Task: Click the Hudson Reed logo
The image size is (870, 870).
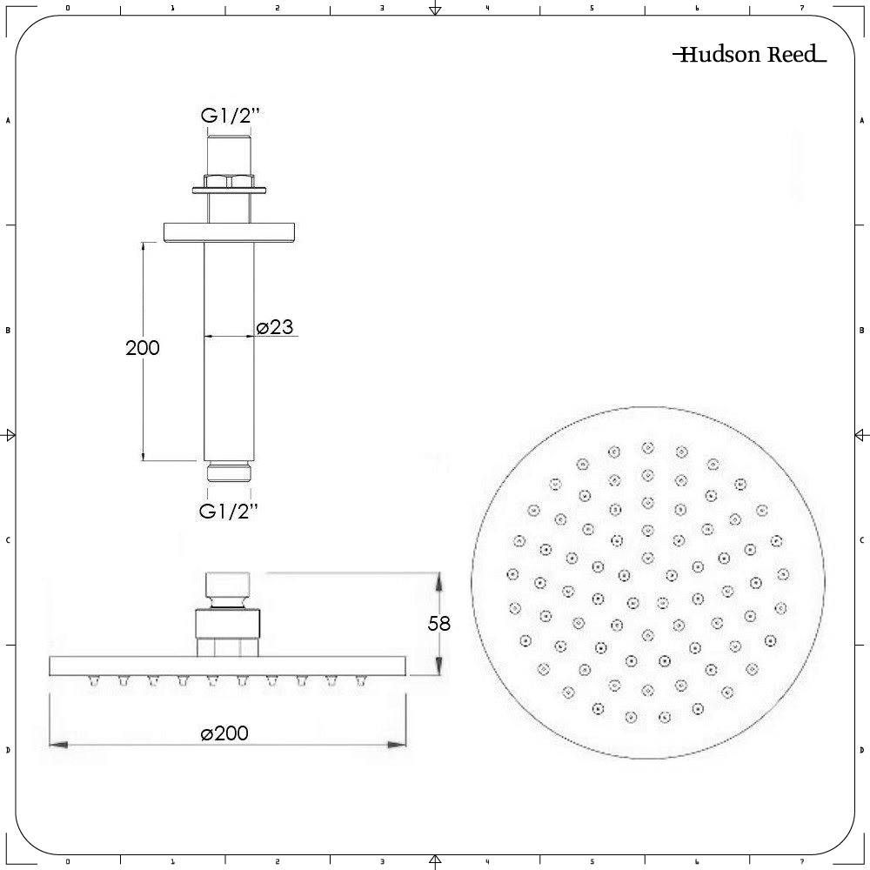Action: pyautogui.click(x=749, y=56)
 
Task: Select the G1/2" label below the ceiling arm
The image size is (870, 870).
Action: pyautogui.click(x=229, y=512)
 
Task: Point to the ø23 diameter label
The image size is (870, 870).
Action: pyautogui.click(x=275, y=327)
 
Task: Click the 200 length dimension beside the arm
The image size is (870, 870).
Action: pyautogui.click(x=143, y=348)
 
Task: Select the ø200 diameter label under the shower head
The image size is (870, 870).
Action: pyautogui.click(x=224, y=733)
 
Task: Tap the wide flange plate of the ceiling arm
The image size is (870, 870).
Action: pyautogui.click(x=231, y=231)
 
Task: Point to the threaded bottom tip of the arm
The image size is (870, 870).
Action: pyautogui.click(x=230, y=472)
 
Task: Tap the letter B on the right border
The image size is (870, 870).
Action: pyautogui.click(x=860, y=330)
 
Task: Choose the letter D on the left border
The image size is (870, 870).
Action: pyautogui.click(x=9, y=749)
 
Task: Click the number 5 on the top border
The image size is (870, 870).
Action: pyautogui.click(x=592, y=8)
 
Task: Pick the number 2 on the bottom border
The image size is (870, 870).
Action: pyautogui.click(x=277, y=861)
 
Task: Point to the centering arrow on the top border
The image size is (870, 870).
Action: pyautogui.click(x=435, y=10)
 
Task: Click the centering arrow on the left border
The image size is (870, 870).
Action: pyautogui.click(x=10, y=435)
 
